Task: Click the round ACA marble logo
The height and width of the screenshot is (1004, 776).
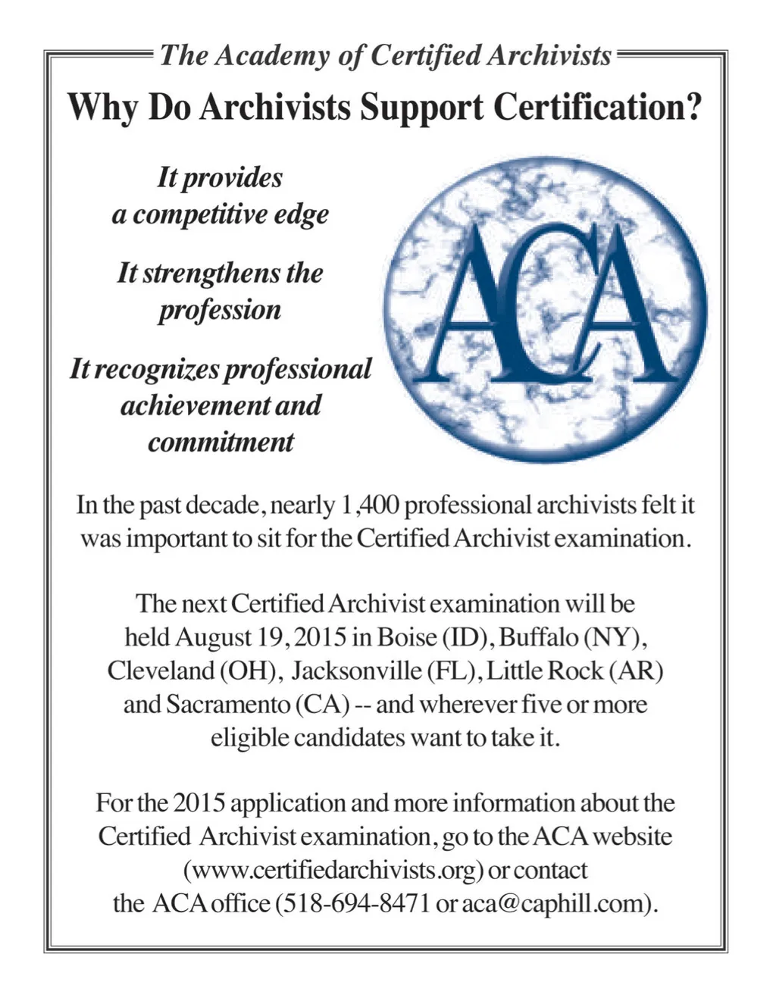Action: tap(545, 307)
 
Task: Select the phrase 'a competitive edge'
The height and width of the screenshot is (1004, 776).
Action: tap(221, 215)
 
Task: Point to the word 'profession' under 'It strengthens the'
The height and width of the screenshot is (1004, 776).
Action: tap(220, 310)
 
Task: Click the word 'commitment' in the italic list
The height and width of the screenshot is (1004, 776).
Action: tap(221, 442)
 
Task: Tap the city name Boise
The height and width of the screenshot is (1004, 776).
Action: tap(406, 636)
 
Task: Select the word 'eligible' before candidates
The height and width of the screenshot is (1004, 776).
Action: tap(249, 738)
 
